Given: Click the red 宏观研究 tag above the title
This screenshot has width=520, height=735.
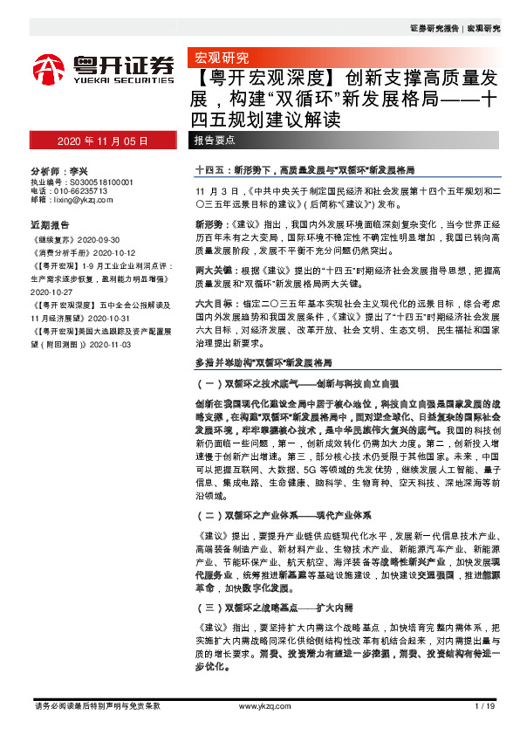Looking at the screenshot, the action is (x=219, y=58).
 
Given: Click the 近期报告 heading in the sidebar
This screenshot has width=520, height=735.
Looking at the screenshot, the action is (x=49, y=222).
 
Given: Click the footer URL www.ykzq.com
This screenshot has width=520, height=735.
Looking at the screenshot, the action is (x=259, y=705).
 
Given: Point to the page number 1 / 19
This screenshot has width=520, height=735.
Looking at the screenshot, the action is (x=486, y=705).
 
